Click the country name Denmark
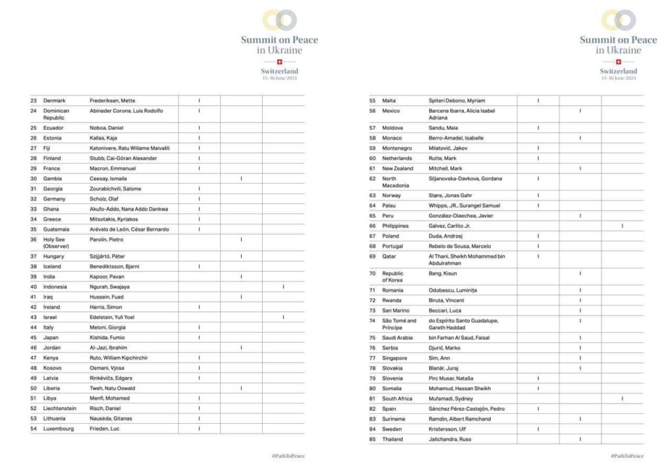pos(54,100)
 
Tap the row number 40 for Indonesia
pos(33,287)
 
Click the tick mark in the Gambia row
pos(241,178)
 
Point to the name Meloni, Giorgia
pos(108,327)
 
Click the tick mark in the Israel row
pos(283,317)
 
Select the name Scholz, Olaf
pos(105,199)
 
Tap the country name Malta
pos(390,100)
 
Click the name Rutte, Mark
pos(442,158)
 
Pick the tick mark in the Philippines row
pos(622,226)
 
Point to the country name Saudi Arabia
pos(398,338)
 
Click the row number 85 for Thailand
pos(373,440)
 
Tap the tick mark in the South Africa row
pos(622,399)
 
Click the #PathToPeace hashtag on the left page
pos(288,456)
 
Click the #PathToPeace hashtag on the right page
pos(627,456)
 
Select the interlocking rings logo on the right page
pos(618,20)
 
